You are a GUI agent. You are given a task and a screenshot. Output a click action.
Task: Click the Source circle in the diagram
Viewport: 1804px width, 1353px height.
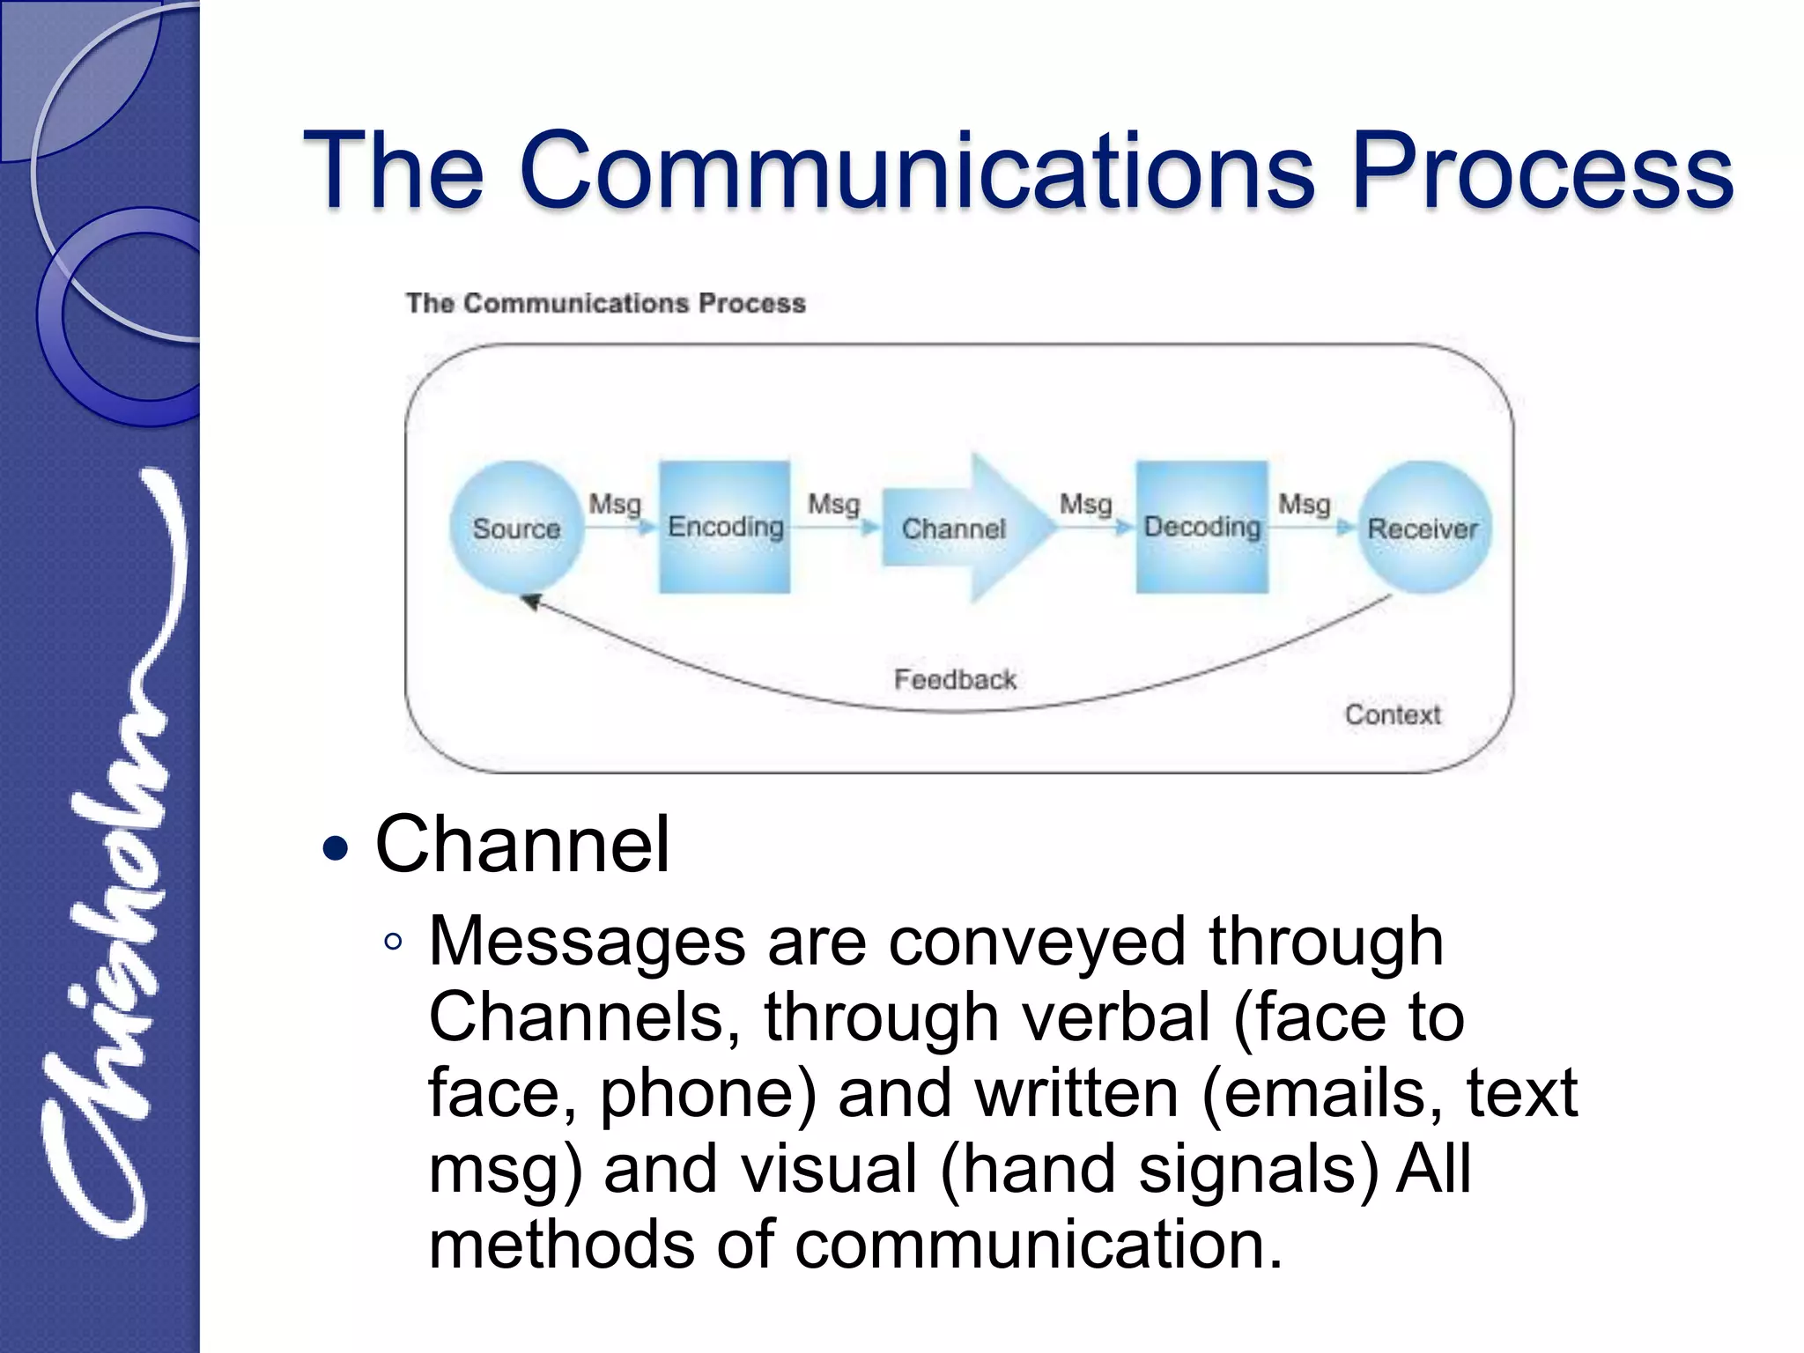click(x=516, y=528)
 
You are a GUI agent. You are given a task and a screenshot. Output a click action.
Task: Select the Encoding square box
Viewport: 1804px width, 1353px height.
click(x=725, y=527)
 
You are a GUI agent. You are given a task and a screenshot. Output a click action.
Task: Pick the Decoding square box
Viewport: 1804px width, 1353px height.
click(x=1202, y=527)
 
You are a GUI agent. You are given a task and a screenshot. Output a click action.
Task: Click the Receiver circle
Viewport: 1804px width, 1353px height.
click(x=1423, y=528)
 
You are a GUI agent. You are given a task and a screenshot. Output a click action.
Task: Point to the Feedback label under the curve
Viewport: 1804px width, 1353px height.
click(x=955, y=679)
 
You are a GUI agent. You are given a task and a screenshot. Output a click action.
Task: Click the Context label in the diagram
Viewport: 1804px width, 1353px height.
click(x=1392, y=714)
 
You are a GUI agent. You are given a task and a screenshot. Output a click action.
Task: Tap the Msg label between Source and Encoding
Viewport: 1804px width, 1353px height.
click(x=615, y=505)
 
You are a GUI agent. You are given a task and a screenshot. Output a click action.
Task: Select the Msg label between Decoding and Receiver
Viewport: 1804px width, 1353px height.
click(x=1305, y=505)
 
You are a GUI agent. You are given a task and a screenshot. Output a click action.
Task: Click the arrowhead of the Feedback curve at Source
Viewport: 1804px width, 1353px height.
click(x=531, y=602)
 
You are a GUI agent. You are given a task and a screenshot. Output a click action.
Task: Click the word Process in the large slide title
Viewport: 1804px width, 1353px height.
click(x=1542, y=170)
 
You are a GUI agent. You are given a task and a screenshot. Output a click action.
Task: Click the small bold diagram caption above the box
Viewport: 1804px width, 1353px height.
click(x=605, y=303)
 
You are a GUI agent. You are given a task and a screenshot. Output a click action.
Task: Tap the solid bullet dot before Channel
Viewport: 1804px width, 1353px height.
click(x=336, y=849)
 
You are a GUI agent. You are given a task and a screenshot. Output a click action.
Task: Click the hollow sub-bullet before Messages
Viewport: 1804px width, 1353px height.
click(x=393, y=942)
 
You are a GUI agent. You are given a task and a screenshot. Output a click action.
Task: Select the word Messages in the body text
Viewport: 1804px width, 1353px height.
click(x=588, y=942)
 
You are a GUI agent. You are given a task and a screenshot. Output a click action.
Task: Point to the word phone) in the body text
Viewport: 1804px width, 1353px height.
click(x=709, y=1093)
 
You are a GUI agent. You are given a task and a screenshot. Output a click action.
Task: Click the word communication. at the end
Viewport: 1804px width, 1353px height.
click(x=1039, y=1245)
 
